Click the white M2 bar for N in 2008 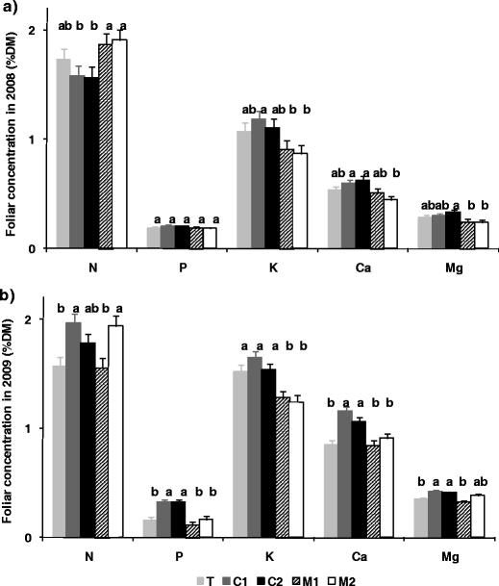point(120,144)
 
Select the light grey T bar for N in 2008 point(63,154)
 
